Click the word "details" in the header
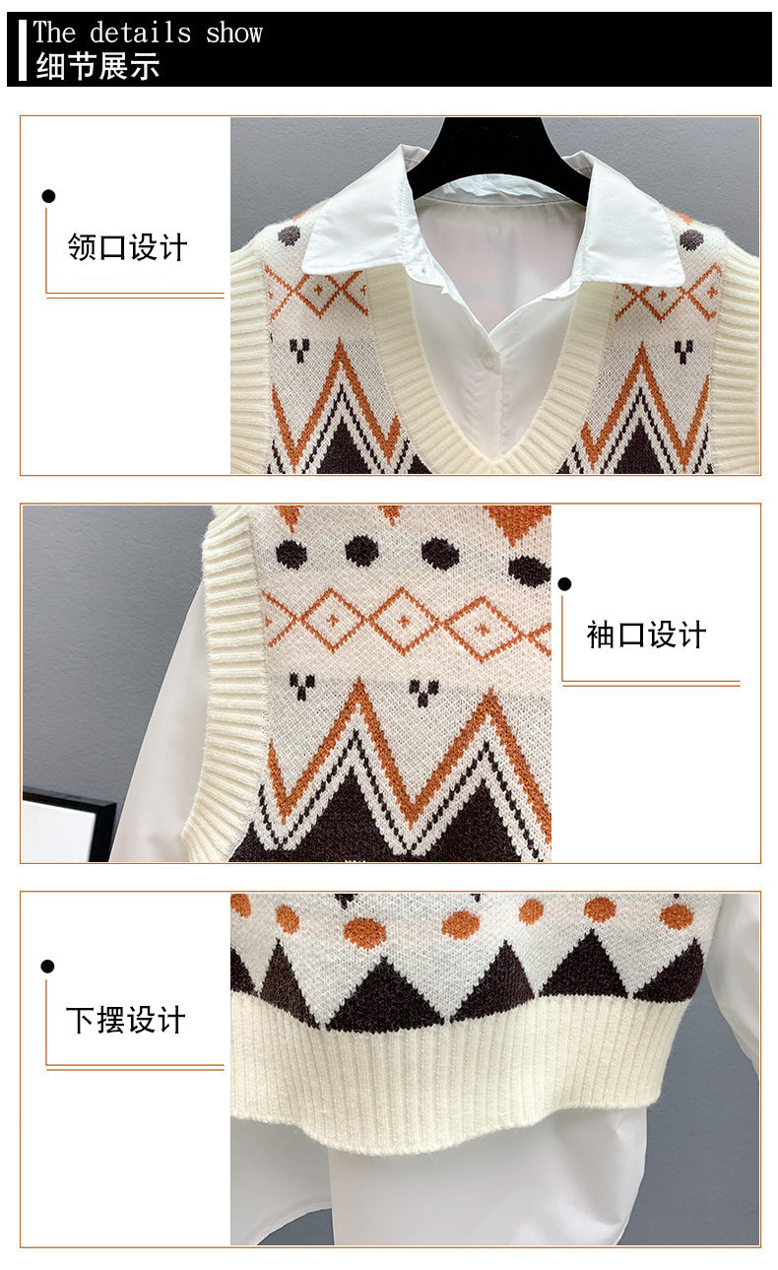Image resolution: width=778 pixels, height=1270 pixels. coord(141,33)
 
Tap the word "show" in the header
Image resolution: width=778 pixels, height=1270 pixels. coord(234,33)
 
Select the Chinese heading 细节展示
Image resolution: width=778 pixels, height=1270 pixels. coord(97,66)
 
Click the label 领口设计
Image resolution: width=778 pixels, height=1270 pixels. coord(127,247)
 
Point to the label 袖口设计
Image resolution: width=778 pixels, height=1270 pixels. coord(646,635)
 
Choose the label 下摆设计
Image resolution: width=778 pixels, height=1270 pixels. coord(126,1021)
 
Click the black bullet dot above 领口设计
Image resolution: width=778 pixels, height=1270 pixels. coord(48,196)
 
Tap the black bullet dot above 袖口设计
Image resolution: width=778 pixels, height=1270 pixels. coord(564,584)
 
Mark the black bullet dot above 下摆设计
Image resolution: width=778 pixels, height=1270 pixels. coord(47,967)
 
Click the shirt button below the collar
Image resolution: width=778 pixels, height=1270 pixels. coord(486,357)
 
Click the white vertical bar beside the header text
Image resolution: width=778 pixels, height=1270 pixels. coord(23,50)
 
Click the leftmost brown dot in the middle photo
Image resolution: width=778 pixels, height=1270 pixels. coord(292,552)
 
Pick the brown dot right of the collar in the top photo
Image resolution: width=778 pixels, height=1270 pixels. coord(691,239)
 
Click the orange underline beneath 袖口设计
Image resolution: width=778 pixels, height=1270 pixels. coord(651,684)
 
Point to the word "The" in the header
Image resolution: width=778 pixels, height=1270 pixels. coord(54,33)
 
